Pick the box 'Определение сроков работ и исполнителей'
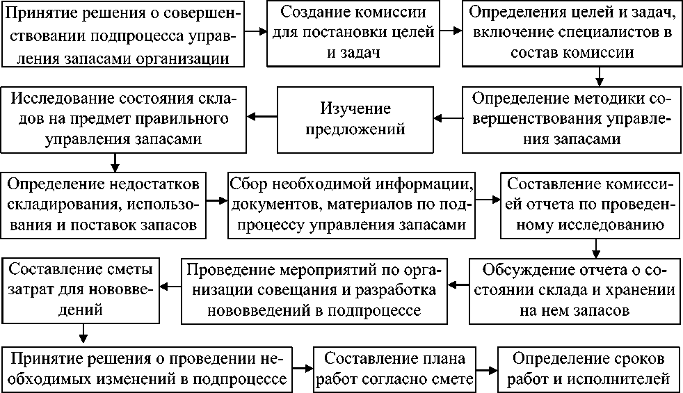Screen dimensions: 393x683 [588, 368]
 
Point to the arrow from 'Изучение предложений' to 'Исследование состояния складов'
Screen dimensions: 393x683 [263, 116]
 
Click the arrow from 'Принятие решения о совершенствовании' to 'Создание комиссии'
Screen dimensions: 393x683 [257, 32]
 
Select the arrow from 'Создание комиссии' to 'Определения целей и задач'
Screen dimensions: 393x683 [451, 32]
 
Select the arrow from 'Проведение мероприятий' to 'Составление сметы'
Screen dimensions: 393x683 [170, 284]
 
